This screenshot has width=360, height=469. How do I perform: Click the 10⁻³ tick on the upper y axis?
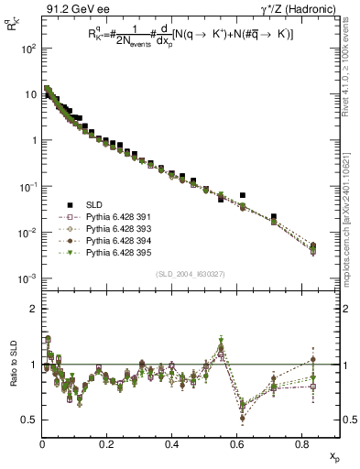click(x=29, y=278)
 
